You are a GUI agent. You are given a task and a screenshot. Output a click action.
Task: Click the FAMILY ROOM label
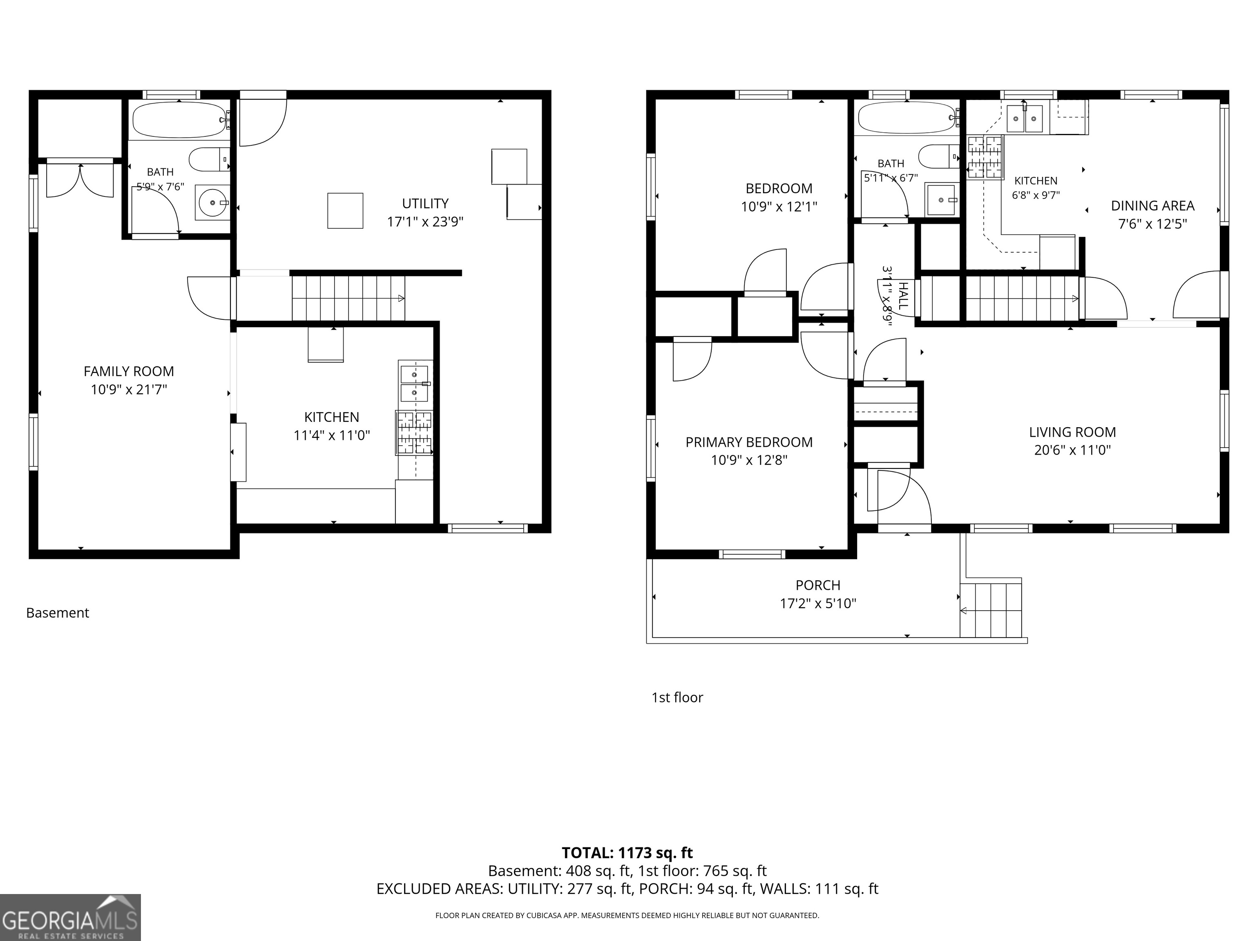click(129, 372)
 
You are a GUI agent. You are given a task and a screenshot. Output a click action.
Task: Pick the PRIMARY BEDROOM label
click(749, 442)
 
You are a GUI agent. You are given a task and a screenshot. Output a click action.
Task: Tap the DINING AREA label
click(1152, 206)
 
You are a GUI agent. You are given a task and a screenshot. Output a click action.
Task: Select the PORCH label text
click(817, 585)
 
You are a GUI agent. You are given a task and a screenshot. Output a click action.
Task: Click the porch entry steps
click(991, 610)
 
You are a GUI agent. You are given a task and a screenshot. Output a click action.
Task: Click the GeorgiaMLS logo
click(70, 917)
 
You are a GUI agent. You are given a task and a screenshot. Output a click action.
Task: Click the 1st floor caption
click(677, 698)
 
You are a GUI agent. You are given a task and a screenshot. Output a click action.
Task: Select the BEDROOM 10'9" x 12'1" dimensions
click(779, 207)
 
